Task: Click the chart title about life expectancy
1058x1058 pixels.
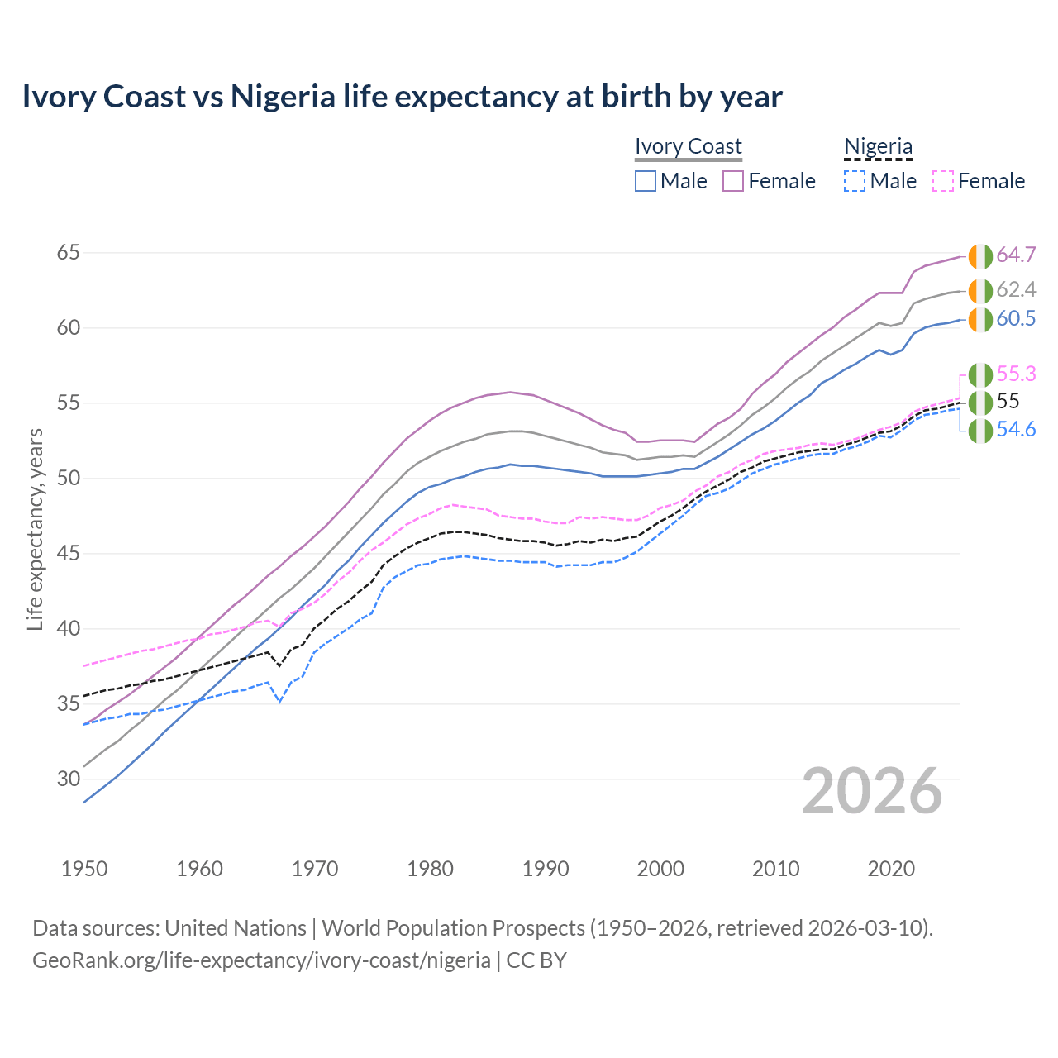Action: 402,97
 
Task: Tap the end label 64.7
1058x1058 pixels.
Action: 1016,255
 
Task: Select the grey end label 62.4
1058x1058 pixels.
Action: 1016,290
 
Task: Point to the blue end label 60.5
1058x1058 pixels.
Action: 1016,319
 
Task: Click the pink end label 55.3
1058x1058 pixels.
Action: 1016,374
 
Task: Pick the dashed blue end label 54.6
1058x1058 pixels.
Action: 1016,430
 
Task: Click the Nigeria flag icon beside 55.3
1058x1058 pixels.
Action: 980,375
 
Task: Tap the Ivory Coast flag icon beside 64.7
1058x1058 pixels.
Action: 980,256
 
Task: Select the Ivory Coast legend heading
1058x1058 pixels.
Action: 689,146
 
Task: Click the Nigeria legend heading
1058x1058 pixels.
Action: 878,146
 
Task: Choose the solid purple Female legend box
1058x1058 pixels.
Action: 733,181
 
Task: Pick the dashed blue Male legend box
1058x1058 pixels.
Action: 855,181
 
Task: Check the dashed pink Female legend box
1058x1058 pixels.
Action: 943,181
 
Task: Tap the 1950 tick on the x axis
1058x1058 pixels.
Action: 84,869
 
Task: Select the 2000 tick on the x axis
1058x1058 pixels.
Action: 660,869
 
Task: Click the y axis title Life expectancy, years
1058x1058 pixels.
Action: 35,529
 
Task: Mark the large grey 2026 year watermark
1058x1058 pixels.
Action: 872,791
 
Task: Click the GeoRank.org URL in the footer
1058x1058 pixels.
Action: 261,960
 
